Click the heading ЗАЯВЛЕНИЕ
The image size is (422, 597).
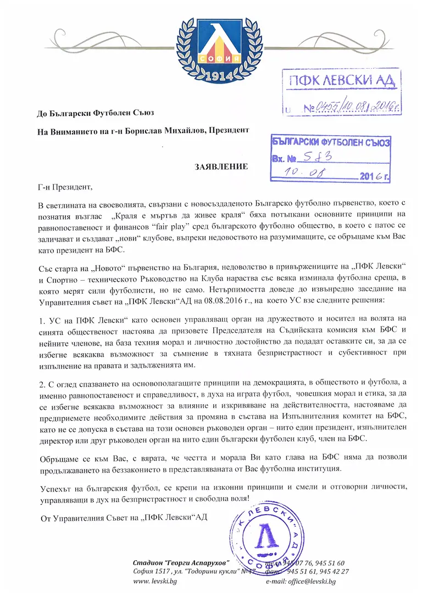point(219,166)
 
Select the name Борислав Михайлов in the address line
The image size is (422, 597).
point(166,130)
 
